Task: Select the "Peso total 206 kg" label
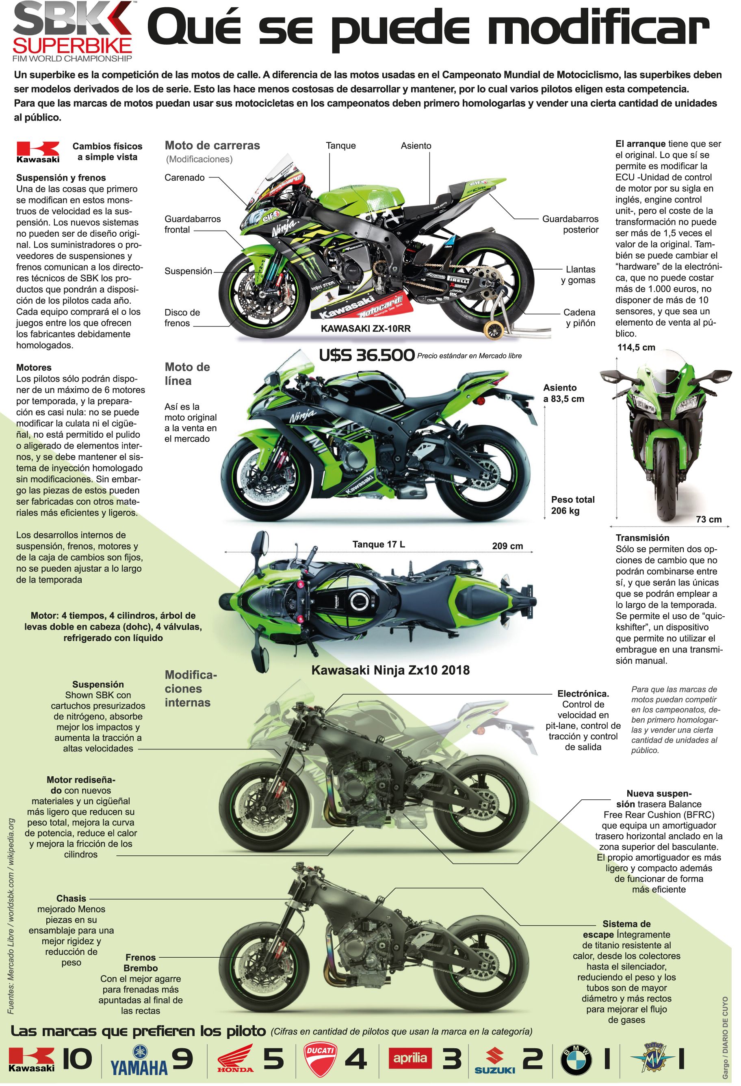click(573, 505)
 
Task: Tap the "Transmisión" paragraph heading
click(642, 538)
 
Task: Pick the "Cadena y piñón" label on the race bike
click(579, 317)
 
